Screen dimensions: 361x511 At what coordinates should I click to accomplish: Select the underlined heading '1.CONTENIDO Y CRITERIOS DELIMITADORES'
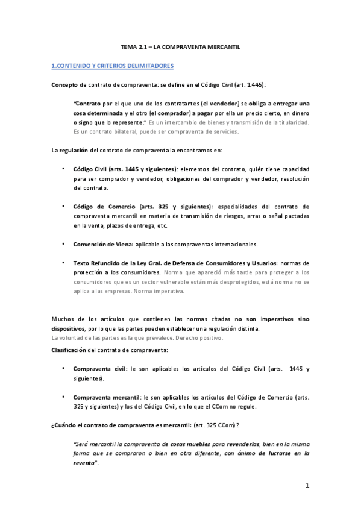point(113,65)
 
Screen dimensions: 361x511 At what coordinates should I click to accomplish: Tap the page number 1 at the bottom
point(307,485)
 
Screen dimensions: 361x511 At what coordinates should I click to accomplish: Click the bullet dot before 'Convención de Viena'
point(63,243)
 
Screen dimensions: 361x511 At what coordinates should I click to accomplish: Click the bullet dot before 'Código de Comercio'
point(63,205)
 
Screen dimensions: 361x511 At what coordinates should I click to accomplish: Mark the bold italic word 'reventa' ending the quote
point(84,463)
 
